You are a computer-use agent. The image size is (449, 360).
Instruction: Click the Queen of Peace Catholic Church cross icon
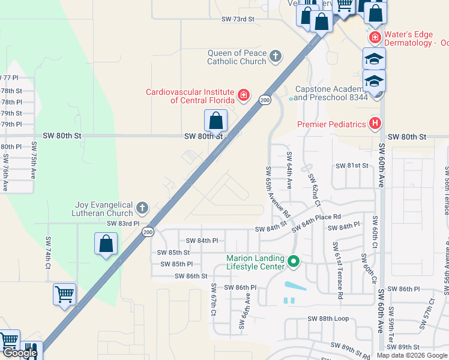pyautogui.click(x=276, y=56)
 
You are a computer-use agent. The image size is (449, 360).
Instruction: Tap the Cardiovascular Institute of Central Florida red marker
pyautogui.click(x=243, y=95)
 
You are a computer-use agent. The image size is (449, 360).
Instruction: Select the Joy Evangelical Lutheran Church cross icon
pyautogui.click(x=142, y=208)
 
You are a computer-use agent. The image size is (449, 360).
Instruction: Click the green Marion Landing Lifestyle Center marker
pyautogui.click(x=294, y=262)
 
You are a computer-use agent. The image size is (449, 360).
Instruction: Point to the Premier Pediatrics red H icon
pyautogui.click(x=375, y=124)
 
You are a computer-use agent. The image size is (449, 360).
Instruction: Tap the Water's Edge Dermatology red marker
pyautogui.click(x=375, y=38)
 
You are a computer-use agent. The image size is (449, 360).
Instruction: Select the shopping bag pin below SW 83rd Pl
pyautogui.click(x=106, y=244)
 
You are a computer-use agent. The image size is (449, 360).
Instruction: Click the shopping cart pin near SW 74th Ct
pyautogui.click(x=64, y=295)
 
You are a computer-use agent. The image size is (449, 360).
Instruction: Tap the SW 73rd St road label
pyautogui.click(x=238, y=19)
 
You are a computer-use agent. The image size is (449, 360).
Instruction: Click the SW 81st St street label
pyautogui.click(x=352, y=166)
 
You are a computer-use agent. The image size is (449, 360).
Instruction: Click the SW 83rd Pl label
pyautogui.click(x=122, y=223)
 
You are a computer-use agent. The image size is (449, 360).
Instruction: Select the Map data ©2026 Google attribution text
pyautogui.click(x=412, y=355)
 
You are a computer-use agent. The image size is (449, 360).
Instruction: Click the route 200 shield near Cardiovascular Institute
pyautogui.click(x=265, y=100)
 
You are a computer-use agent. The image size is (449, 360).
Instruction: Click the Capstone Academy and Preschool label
pyautogui.click(x=331, y=92)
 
